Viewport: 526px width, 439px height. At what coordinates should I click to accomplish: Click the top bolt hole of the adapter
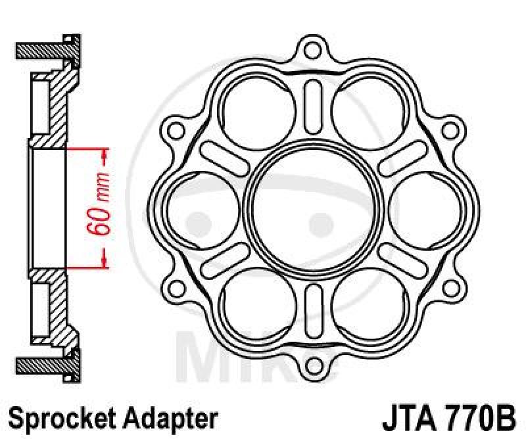(312, 51)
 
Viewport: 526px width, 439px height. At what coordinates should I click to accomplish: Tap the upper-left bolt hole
(176, 131)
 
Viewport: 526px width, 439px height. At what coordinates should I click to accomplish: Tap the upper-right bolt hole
(450, 131)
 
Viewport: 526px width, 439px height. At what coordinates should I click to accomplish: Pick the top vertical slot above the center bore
(313, 106)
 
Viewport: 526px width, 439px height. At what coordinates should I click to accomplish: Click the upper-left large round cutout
(258, 111)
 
